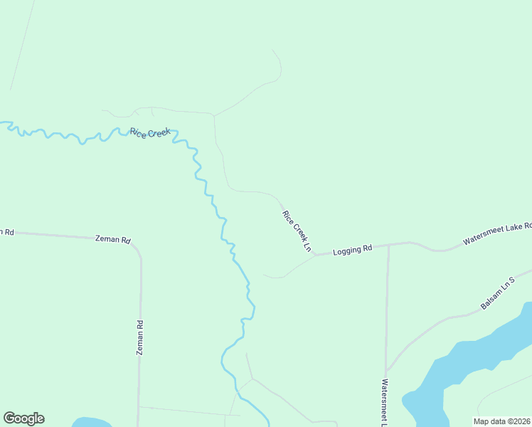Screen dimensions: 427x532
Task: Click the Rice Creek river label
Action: pos(149,132)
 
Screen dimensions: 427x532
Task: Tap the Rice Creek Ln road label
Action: pos(297,231)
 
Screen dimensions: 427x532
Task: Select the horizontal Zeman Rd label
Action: pos(112,240)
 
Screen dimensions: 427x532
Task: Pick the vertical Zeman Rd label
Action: pos(140,337)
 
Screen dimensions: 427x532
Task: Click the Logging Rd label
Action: pos(352,250)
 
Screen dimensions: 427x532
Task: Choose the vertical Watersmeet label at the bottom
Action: pos(384,402)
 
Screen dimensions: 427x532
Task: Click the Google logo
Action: pos(23,418)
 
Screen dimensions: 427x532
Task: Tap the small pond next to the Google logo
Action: pos(91,422)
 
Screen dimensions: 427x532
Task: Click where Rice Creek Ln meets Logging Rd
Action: pos(315,254)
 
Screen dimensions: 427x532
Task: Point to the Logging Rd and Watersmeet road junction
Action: pos(388,246)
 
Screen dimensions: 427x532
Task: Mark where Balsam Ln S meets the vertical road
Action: pos(385,371)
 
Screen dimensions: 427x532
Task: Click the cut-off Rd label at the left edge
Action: pos(6,232)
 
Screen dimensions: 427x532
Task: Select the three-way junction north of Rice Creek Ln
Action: pos(214,115)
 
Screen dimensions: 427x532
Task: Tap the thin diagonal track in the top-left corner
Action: pos(22,43)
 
